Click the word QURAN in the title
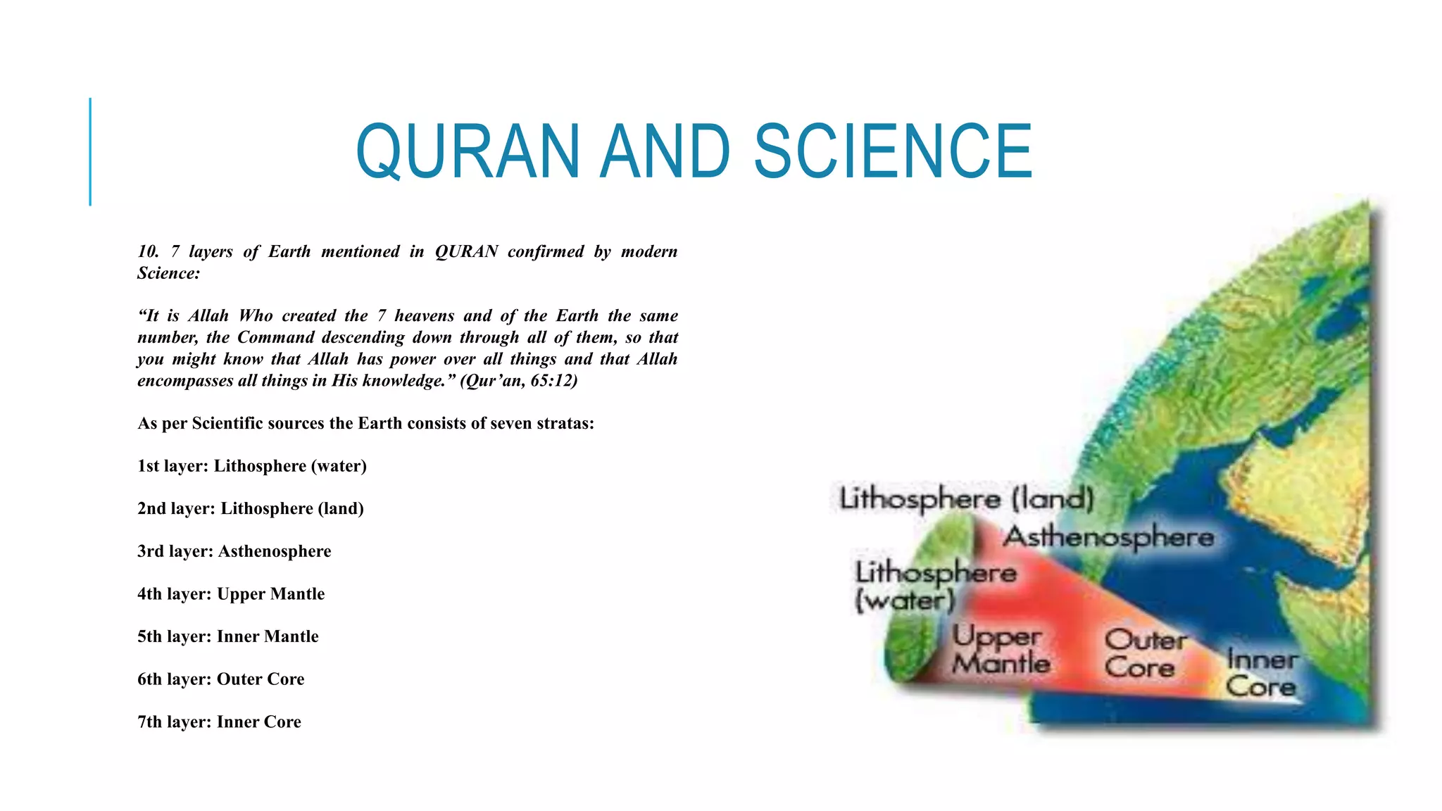click(468, 151)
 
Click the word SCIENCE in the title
click(893, 151)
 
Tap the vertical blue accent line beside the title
click(90, 151)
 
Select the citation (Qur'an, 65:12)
click(519, 381)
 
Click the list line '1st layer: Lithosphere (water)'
click(252, 466)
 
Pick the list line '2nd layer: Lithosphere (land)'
click(251, 508)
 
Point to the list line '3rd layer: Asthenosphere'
click(234, 551)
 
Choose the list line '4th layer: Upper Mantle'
click(231, 594)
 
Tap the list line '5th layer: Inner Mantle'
click(228, 636)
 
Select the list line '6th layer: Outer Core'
click(221, 679)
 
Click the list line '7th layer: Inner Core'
click(220, 722)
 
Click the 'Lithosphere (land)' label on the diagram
click(966, 499)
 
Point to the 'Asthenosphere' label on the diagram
click(1108, 537)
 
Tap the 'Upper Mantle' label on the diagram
click(1000, 650)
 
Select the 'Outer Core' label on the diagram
click(1144, 654)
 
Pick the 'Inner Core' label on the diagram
click(1261, 673)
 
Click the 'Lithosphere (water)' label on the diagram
click(935, 586)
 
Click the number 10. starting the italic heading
click(149, 251)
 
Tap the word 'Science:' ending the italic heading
click(168, 273)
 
